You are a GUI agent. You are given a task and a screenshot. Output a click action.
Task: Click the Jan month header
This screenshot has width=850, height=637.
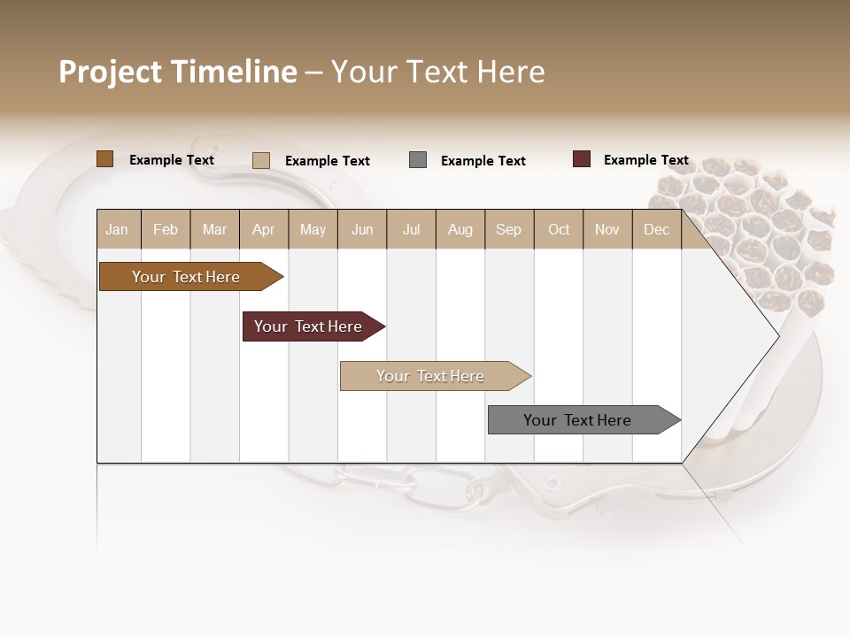117,229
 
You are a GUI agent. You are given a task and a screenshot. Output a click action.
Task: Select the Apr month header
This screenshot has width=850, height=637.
263,229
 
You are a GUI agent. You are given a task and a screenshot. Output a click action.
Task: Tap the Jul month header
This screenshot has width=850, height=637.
411,229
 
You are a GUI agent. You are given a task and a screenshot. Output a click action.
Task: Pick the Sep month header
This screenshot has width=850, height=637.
508,229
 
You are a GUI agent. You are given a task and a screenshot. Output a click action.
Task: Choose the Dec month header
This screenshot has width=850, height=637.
656,229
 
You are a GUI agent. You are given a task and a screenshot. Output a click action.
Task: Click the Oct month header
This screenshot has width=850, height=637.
558,229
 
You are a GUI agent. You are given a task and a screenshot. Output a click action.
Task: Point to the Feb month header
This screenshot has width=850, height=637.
166,229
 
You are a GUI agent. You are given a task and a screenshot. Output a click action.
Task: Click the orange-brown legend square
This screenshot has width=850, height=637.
104,159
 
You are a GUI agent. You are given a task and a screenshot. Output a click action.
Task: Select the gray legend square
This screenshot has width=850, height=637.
418,160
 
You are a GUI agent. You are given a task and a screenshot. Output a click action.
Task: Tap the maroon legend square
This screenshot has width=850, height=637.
582,159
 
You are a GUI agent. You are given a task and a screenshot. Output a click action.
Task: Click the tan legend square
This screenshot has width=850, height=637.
260,160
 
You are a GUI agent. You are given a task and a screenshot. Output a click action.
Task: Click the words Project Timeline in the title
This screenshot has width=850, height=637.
177,72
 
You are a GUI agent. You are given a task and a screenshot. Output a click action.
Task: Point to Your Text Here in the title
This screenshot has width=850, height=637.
437,72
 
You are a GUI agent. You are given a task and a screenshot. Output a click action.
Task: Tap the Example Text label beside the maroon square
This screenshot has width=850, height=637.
645,160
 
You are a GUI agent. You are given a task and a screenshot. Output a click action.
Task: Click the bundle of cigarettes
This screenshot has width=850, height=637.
753,230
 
